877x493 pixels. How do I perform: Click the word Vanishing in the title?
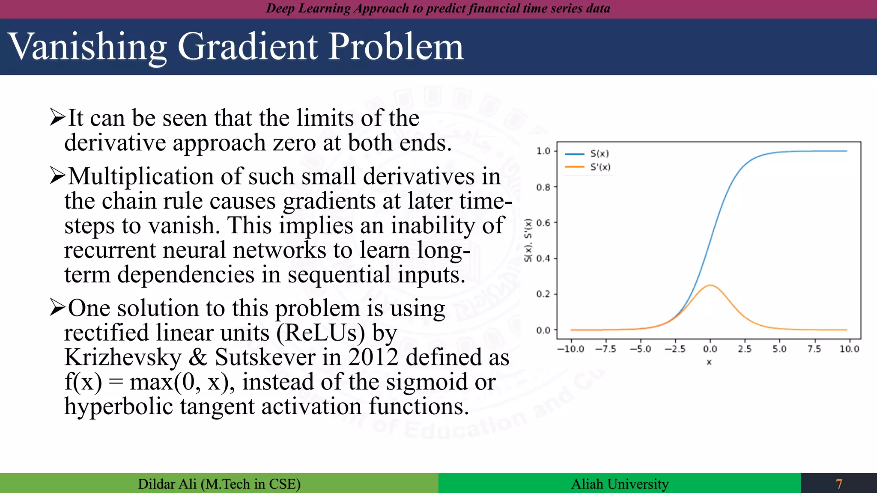point(88,47)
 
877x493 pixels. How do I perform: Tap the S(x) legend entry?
point(599,154)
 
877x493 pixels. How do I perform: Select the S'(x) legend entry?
point(600,167)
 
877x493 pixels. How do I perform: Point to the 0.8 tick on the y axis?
point(543,187)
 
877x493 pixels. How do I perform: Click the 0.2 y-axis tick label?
point(543,294)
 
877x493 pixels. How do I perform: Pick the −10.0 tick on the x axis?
point(570,349)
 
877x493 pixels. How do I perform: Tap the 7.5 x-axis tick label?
point(814,349)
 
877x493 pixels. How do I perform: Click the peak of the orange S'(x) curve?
point(710,285)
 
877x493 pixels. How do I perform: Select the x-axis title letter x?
point(709,362)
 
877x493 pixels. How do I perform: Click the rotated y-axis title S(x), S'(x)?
point(528,240)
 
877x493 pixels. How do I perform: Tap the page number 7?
point(839,484)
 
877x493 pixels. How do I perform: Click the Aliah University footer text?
point(619,484)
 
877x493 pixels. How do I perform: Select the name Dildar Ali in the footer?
point(167,484)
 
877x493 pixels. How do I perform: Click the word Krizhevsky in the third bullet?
point(123,357)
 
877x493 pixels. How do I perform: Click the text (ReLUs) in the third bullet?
point(321,333)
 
